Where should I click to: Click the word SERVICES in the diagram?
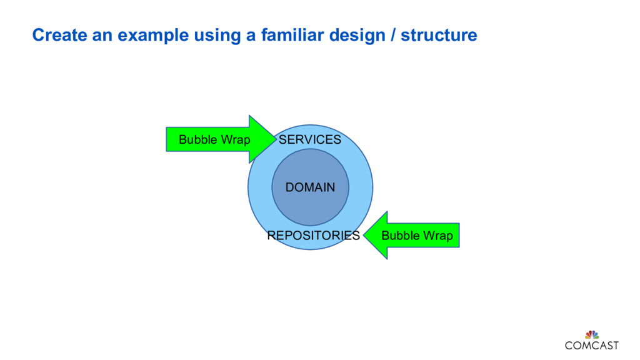click(x=309, y=139)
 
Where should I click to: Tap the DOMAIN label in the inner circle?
click(x=310, y=187)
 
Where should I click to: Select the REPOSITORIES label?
click(x=313, y=236)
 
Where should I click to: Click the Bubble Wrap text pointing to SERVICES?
click(x=214, y=139)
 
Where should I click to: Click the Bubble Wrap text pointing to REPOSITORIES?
click(x=417, y=236)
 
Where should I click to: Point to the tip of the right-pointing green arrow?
click(x=276, y=139)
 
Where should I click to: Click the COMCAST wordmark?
click(x=591, y=345)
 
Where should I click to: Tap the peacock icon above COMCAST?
click(x=591, y=334)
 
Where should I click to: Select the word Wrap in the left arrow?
click(x=236, y=139)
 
